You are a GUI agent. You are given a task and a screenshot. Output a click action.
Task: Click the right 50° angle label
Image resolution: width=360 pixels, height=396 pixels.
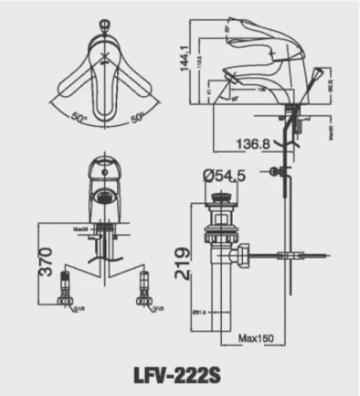(137, 118)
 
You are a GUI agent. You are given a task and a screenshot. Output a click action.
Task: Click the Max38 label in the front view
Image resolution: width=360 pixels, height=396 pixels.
(81, 228)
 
